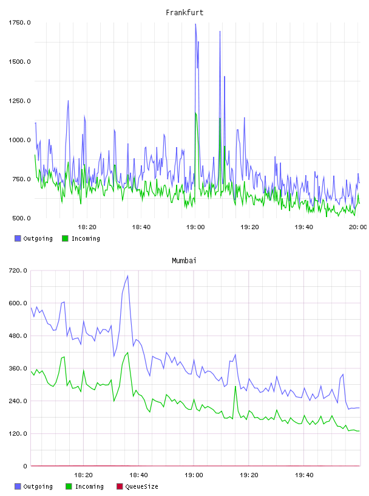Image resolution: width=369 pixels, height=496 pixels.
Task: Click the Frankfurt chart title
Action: coord(184,13)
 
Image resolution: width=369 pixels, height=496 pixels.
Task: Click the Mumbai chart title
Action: coord(184,261)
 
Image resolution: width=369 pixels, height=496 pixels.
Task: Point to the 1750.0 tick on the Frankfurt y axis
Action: coord(19,22)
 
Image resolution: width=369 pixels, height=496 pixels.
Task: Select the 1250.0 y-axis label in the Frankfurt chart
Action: coord(19,101)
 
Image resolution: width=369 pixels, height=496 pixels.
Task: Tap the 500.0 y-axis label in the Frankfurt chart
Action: coord(21,218)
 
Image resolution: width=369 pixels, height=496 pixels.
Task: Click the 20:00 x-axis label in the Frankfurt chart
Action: coord(358,227)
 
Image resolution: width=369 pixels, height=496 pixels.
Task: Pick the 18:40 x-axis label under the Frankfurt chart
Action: coord(141,227)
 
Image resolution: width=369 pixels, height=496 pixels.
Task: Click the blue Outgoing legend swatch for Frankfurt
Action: coord(18,238)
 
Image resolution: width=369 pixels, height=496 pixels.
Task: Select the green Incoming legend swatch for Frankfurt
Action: coord(65,238)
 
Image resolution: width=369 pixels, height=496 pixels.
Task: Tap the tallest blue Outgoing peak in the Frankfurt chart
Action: coord(195,24)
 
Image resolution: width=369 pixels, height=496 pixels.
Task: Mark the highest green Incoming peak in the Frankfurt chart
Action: coord(195,113)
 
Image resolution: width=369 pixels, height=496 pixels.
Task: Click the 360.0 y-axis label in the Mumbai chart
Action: coord(18,368)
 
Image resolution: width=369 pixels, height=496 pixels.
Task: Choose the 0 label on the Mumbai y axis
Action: coord(25,466)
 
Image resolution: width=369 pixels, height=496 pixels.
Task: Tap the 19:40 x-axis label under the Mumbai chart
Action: coord(304,475)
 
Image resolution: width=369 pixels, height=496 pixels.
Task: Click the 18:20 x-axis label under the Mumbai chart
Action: coord(83,475)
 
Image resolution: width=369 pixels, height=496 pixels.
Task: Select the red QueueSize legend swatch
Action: coord(120,486)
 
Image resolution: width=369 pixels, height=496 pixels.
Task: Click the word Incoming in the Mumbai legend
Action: coord(89,487)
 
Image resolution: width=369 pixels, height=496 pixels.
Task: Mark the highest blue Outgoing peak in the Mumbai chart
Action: coord(127,275)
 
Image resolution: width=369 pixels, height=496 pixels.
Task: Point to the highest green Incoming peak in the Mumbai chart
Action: coord(127,353)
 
